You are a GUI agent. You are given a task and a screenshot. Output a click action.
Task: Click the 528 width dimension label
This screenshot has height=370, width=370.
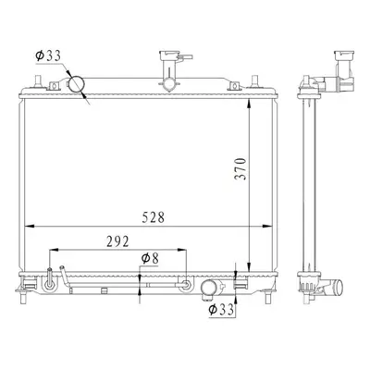point(154,217)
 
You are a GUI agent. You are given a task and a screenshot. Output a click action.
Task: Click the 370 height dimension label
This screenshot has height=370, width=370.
point(240,169)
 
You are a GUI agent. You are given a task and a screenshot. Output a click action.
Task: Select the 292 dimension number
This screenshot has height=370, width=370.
point(117,241)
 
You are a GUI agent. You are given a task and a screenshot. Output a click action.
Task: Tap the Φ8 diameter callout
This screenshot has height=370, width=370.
point(150,259)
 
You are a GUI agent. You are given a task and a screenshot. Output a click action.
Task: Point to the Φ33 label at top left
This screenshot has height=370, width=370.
point(48,56)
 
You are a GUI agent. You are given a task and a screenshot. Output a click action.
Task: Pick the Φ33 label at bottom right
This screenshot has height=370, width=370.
point(221,310)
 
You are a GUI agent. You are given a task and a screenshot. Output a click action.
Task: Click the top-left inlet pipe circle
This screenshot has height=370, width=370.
point(76,84)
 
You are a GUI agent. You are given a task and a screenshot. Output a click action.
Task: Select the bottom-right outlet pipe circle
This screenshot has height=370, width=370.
point(209,288)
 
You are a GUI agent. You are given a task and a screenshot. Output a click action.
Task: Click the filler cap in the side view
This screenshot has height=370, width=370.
point(344,55)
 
